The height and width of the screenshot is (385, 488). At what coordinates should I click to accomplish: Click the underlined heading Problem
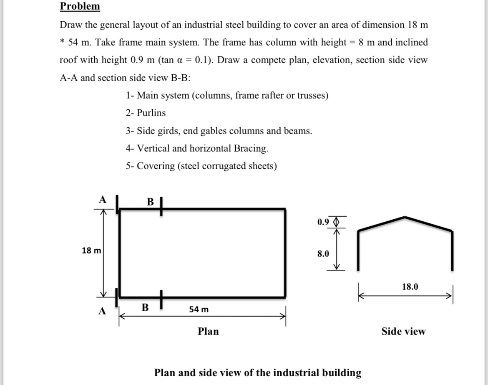pos(80,6)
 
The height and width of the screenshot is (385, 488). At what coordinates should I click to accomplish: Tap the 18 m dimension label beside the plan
pos(91,251)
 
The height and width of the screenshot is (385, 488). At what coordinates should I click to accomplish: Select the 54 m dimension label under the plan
pos(199,309)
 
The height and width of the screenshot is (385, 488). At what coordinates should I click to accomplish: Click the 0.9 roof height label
pos(323,222)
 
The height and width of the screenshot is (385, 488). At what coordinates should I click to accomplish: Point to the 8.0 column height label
pos(323,253)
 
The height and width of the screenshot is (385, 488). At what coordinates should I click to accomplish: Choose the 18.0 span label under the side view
pos(410,286)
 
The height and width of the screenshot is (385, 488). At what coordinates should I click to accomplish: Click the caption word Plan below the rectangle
pos(208,331)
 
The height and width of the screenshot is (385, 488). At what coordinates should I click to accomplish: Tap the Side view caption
pos(403,331)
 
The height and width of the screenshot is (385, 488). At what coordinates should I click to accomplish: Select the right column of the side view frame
pos(452,251)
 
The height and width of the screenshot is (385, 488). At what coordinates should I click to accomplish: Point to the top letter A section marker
pos(101,200)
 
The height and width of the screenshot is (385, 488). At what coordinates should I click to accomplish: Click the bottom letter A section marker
pos(102,311)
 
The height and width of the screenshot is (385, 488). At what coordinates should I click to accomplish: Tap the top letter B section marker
pos(151,202)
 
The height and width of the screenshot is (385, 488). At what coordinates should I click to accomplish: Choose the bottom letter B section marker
pos(145,308)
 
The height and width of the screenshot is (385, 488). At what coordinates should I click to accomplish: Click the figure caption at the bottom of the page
pos(257,372)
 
